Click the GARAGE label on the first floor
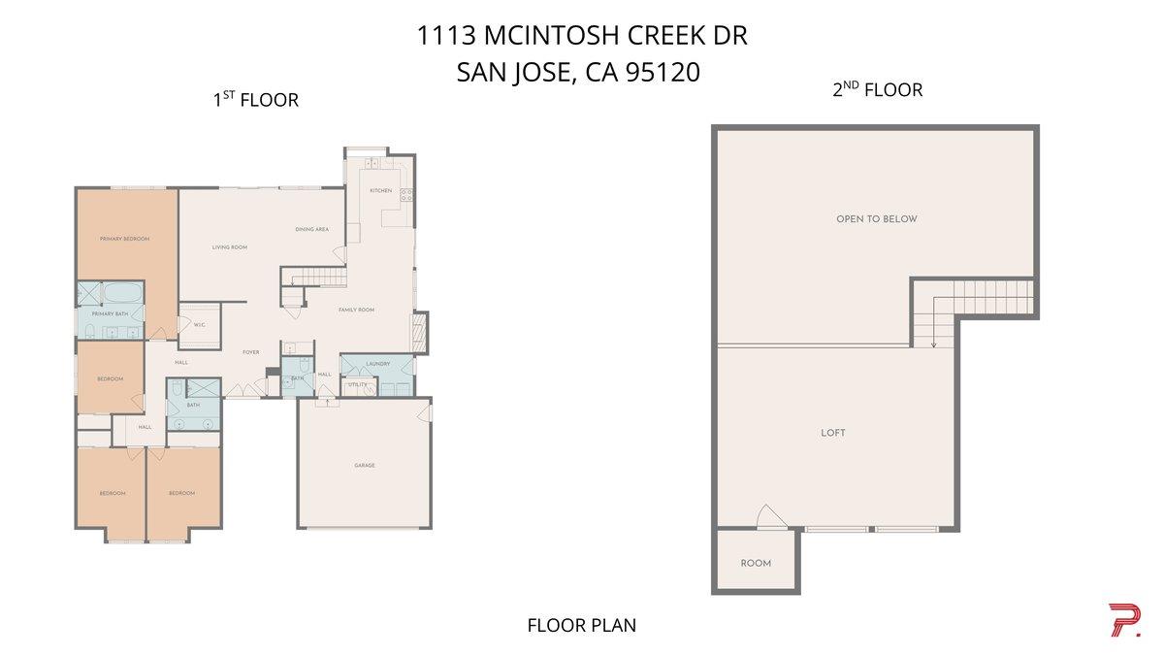pyautogui.click(x=364, y=466)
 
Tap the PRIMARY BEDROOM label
pyautogui.click(x=124, y=239)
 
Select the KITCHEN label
pyautogui.click(x=381, y=191)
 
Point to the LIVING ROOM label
pyautogui.click(x=230, y=247)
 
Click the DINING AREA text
pyautogui.click(x=312, y=230)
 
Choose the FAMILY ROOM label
pyautogui.click(x=356, y=310)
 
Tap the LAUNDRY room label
pyautogui.click(x=378, y=364)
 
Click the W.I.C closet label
pyautogui.click(x=199, y=325)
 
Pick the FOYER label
pyautogui.click(x=251, y=352)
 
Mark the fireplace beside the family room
pyautogui.click(x=420, y=332)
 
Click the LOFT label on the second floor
pyautogui.click(x=832, y=433)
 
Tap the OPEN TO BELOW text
pyautogui.click(x=876, y=219)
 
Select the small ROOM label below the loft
pyautogui.click(x=756, y=564)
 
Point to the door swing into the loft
pyautogui.click(x=768, y=517)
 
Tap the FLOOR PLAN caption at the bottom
pyautogui.click(x=581, y=625)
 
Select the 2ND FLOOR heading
pyautogui.click(x=877, y=90)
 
